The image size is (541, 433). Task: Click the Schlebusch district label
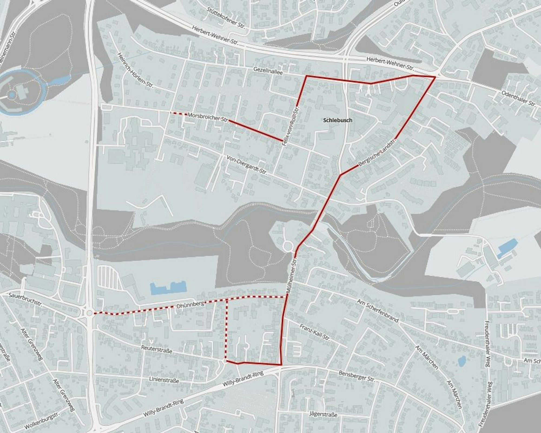[x=338, y=120]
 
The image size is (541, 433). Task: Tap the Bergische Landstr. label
[x=377, y=152]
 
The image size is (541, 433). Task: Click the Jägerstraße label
[x=323, y=414]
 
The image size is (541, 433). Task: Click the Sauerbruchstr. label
[x=26, y=299]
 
